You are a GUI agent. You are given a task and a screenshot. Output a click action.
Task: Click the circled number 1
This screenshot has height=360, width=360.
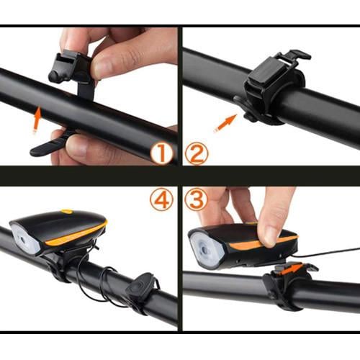[x=163, y=152]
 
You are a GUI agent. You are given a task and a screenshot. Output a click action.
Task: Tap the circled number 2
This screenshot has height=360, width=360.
[x=197, y=152]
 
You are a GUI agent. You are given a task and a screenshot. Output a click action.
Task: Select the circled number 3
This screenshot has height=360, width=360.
[x=196, y=199]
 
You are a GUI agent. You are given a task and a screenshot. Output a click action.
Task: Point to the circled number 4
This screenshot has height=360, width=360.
[x=161, y=199]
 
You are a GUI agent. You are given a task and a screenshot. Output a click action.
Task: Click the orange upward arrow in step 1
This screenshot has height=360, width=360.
[x=36, y=119]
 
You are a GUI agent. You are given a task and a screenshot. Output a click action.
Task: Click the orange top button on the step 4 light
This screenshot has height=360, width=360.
[x=67, y=212]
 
